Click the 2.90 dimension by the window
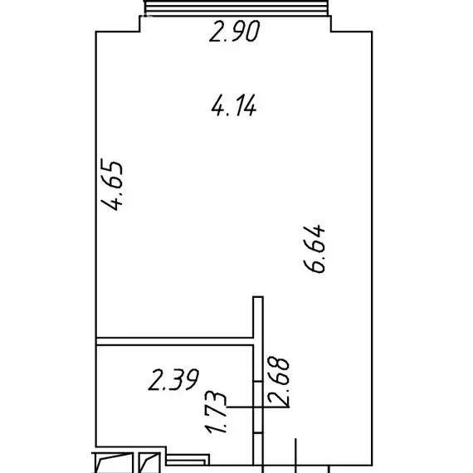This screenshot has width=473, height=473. pos(234,31)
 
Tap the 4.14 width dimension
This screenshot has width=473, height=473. pos(234,105)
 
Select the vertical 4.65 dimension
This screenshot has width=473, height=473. pos(112,184)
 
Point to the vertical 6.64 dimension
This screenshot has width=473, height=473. pos(315,248)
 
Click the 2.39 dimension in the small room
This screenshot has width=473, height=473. pos(173,379)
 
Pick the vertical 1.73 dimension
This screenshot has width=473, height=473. pos(216,412)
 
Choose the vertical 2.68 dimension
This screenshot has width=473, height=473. pos(279,381)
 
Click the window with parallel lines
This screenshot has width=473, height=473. pos(236,7)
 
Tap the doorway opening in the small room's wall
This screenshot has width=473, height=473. pos(258,407)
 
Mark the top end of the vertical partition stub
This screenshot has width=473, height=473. pos(258,297)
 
